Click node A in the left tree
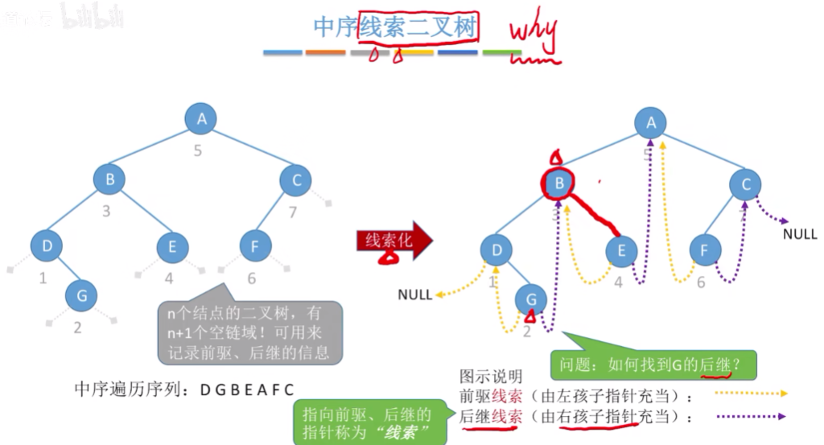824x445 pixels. (202, 119)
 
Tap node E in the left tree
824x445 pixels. (171, 246)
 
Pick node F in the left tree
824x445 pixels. (254, 246)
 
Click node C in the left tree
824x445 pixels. (295, 180)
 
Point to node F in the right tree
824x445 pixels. (705, 250)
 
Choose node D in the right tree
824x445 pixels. (496, 250)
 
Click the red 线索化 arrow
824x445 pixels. (393, 241)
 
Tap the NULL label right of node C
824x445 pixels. (800, 233)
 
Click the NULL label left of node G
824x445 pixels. (414, 295)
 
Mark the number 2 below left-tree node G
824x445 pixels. (77, 327)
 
